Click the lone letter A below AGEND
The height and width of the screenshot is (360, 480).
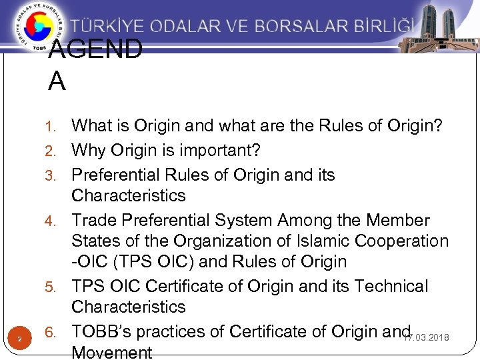click(x=57, y=81)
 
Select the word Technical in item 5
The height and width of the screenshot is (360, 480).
click(x=391, y=286)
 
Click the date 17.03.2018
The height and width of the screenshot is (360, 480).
click(x=426, y=338)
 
